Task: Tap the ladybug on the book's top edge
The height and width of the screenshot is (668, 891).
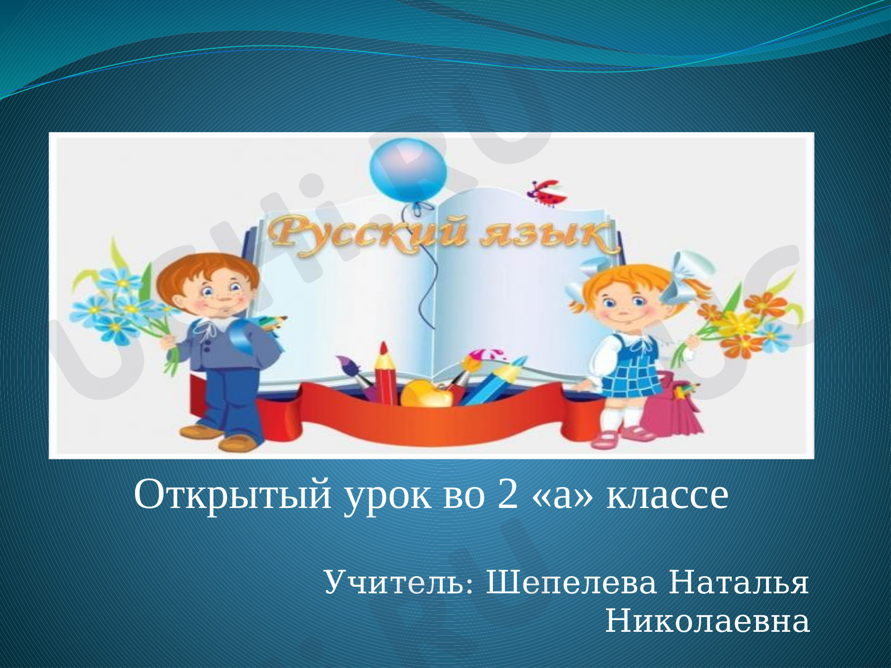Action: [548, 192]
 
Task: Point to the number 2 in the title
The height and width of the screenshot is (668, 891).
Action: [507, 495]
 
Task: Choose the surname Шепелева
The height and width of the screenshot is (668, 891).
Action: [571, 584]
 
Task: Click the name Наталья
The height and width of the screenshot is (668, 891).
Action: [739, 583]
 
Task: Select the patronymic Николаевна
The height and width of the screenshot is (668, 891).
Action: [708, 622]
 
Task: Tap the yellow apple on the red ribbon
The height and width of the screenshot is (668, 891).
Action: [426, 393]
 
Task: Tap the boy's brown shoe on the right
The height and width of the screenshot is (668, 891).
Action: [238, 443]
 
